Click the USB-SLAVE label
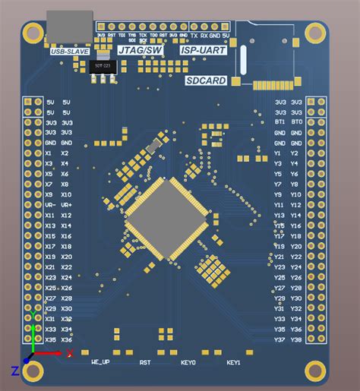pos(70,52)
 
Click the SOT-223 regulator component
pos(106,66)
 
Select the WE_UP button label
pos(100,363)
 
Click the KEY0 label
pos(188,363)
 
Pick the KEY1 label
pos(233,363)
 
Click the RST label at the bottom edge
pos(145,363)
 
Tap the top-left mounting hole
pos(33,32)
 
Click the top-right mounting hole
pos(314,32)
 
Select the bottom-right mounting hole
pos(314,371)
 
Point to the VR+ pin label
pos(67,205)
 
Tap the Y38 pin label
pos(296,340)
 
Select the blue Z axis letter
pos(14,371)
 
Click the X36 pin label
pos(67,340)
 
